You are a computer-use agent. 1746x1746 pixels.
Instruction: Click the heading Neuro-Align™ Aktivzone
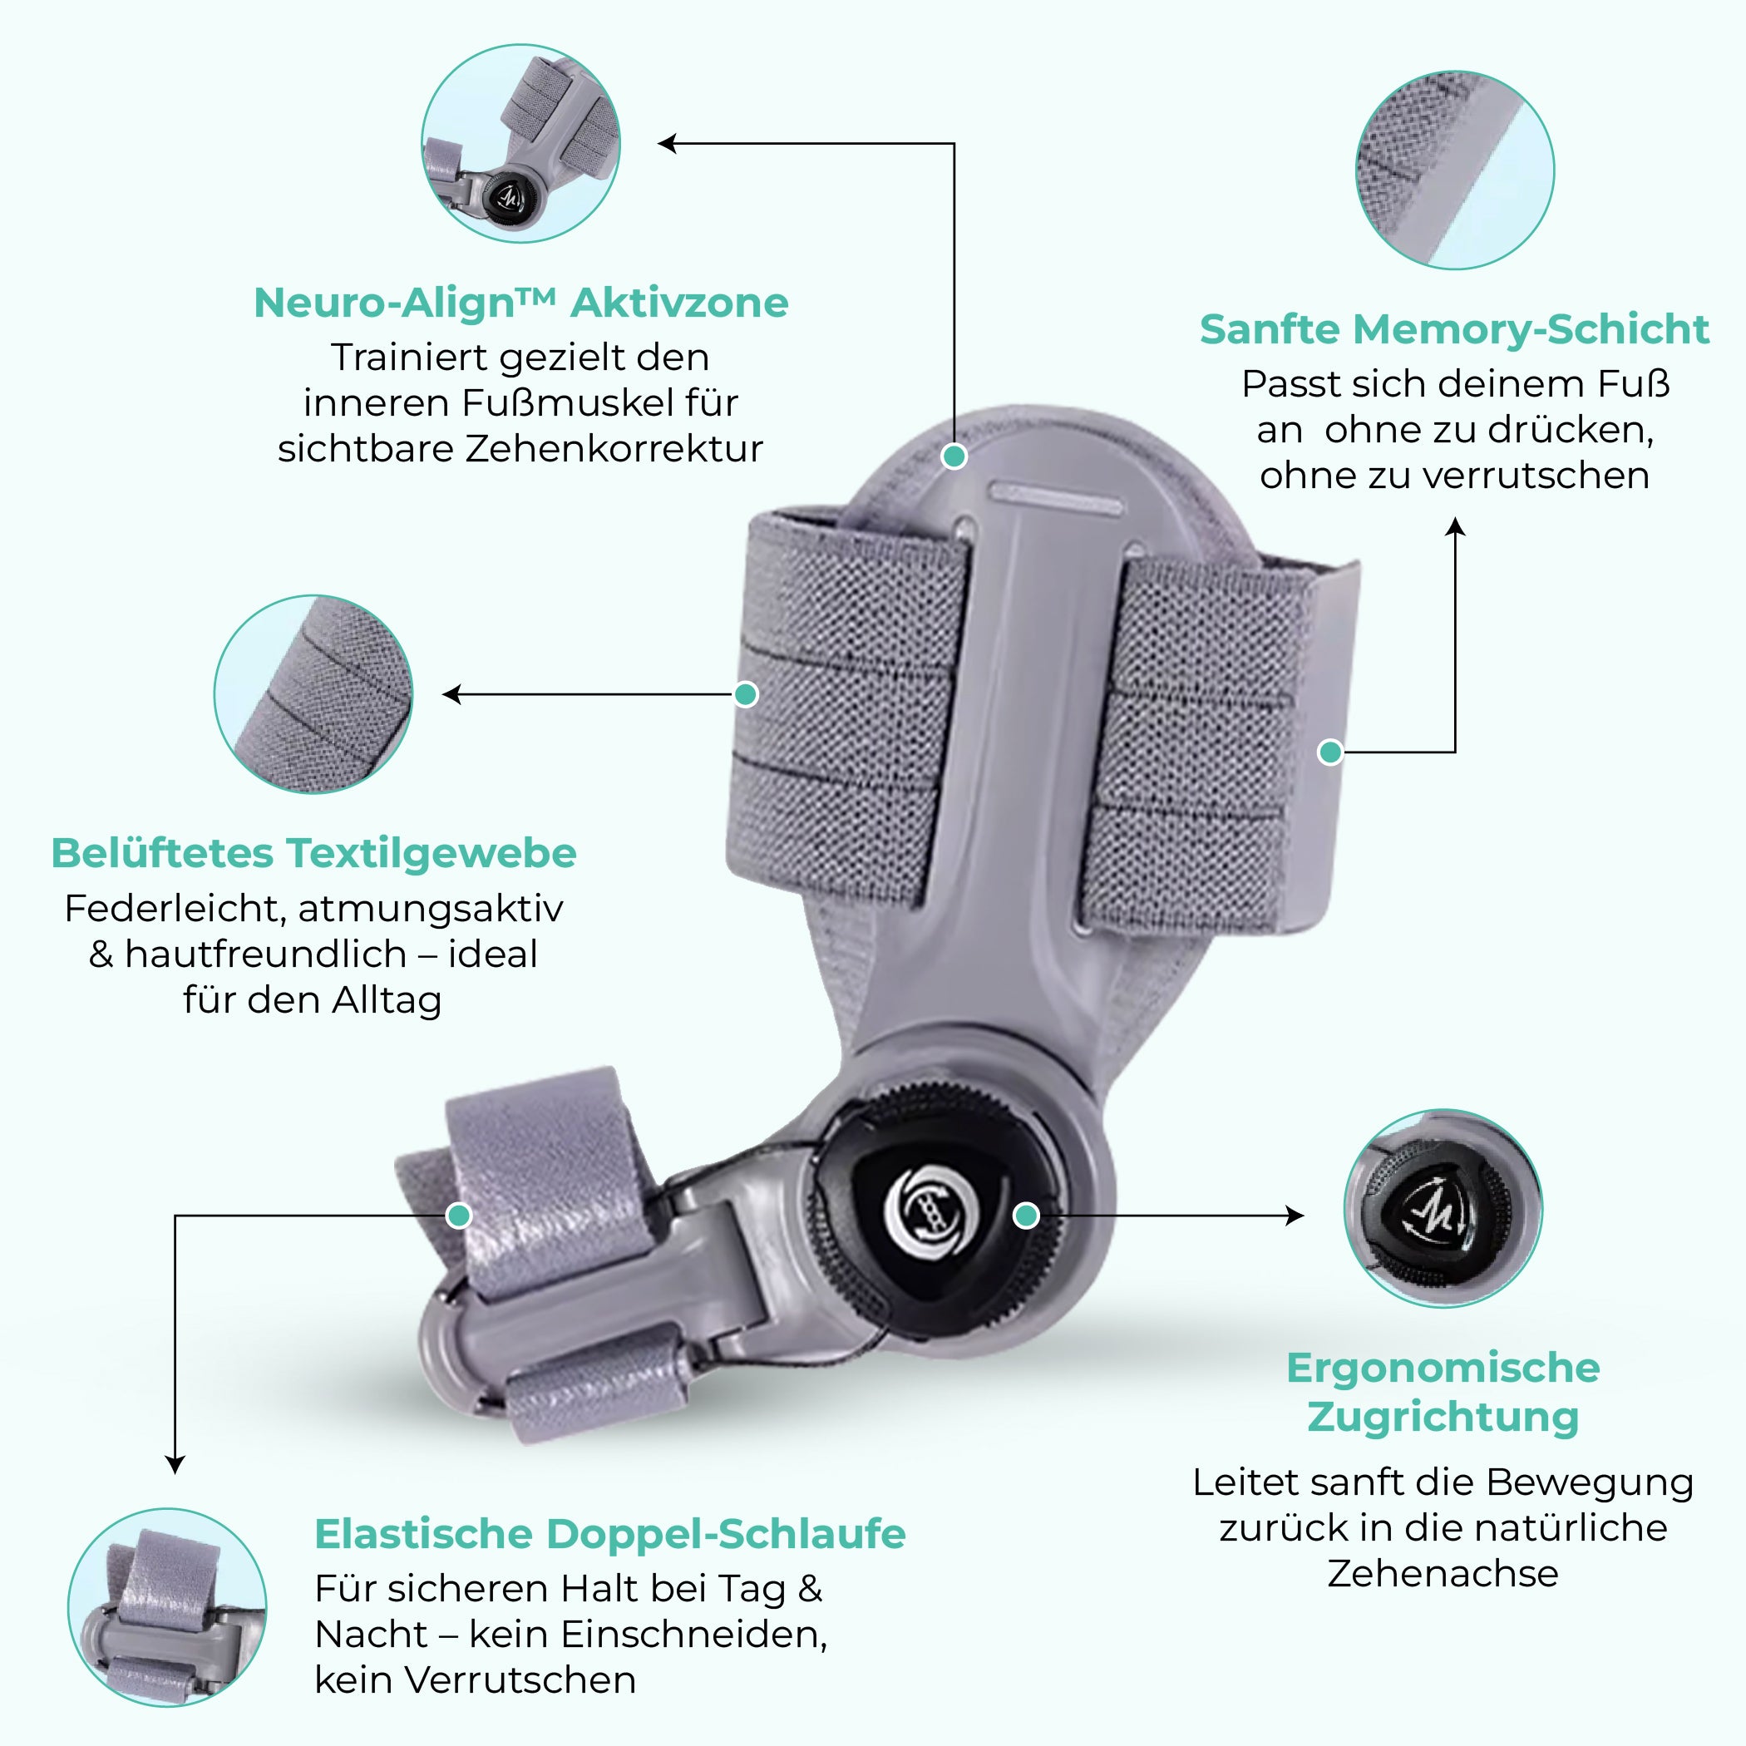[x=520, y=303]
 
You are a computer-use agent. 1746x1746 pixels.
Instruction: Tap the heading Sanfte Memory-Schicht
[x=1453, y=329]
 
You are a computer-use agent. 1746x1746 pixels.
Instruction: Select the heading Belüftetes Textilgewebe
[x=313, y=853]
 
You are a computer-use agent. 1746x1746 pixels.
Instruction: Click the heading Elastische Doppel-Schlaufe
[x=610, y=1534]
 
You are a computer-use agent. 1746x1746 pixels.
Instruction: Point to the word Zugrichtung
[x=1443, y=1417]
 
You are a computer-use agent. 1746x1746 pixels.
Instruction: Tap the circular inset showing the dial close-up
[x=1443, y=1208]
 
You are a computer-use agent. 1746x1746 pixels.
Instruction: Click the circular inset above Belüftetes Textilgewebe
[x=313, y=694]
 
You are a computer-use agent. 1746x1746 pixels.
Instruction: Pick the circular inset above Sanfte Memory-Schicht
[x=1454, y=170]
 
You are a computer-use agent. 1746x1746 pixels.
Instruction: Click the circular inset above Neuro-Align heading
[x=520, y=143]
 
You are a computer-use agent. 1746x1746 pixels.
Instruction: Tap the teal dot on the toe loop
[x=459, y=1216]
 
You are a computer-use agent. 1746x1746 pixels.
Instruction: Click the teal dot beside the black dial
[x=1026, y=1216]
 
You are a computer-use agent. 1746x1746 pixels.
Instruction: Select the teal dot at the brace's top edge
[x=954, y=456]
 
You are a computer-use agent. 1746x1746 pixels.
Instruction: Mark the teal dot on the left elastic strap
[x=746, y=694]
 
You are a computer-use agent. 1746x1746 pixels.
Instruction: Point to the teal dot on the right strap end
[x=1330, y=752]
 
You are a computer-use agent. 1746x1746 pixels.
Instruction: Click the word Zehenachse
[x=1443, y=1573]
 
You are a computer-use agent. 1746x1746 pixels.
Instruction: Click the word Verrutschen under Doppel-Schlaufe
[x=520, y=1680]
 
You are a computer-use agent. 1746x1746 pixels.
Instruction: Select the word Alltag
[x=386, y=1000]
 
